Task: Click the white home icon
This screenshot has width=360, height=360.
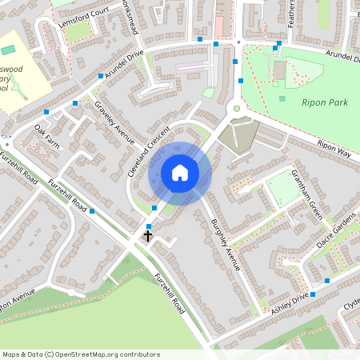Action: [x=179, y=173]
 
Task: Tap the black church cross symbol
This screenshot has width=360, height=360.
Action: [x=148, y=236]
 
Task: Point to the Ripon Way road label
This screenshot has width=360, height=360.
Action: [x=334, y=146]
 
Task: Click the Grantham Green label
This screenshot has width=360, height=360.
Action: [x=306, y=195]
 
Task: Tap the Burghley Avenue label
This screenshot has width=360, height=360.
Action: [x=225, y=243]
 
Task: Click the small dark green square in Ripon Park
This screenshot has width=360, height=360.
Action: [x=282, y=98]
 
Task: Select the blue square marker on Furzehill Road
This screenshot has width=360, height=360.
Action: [x=93, y=211]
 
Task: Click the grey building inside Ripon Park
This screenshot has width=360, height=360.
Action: [x=278, y=71]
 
